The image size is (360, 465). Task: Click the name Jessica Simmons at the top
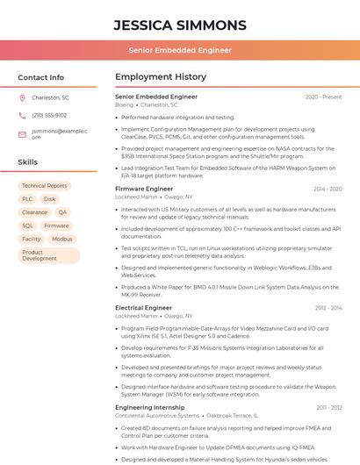[180, 25]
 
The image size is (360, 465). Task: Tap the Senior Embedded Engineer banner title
[180, 51]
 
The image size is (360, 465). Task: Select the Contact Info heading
[40, 77]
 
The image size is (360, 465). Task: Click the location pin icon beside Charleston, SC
[23, 97]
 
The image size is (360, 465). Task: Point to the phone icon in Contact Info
[23, 115]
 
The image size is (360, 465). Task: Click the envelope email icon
[23, 134]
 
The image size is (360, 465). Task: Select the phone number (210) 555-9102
[49, 115]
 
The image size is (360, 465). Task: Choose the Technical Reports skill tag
[45, 186]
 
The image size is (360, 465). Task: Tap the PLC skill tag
[27, 199]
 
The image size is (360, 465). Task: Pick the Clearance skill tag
[35, 212]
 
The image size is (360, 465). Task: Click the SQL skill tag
[28, 225]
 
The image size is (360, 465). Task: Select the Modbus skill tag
[62, 239]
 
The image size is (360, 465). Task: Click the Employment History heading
[161, 77]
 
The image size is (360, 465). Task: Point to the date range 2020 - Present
[323, 97]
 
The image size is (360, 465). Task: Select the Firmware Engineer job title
[144, 189]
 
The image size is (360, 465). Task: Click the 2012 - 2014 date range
[328, 308]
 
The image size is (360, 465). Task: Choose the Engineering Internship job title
[150, 407]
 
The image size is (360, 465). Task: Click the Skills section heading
[28, 162]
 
